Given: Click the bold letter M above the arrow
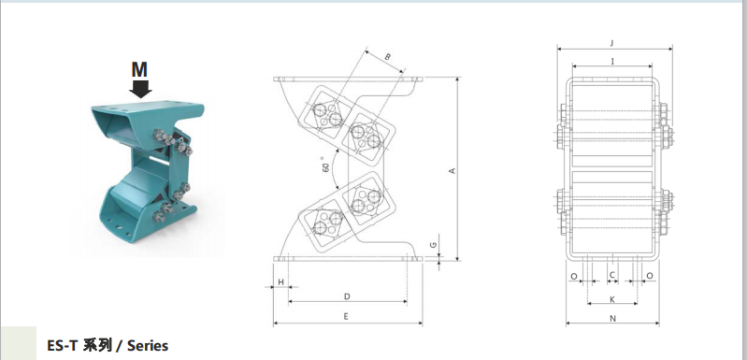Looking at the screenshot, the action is tap(139, 69).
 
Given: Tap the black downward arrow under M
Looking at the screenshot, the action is tap(140, 89).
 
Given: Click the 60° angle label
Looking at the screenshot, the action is tap(326, 165).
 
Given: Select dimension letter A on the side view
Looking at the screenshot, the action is tap(453, 170).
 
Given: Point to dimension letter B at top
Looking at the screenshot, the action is tap(387, 57).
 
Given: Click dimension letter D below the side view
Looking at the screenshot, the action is tap(347, 296).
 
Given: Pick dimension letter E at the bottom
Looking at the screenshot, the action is tap(346, 316).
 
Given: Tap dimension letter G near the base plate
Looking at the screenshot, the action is tap(433, 245).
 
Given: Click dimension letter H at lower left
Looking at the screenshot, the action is tap(281, 282).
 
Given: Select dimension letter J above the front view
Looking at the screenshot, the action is tap(612, 43).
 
